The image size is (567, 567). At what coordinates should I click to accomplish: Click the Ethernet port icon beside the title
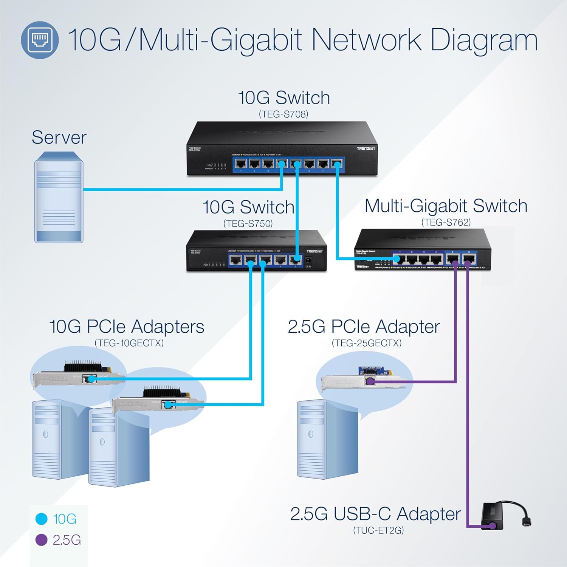tap(40, 40)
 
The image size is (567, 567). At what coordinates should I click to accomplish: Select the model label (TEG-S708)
tap(283, 114)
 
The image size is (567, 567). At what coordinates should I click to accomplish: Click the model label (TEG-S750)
tap(248, 223)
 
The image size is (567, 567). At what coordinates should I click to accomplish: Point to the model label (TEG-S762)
tap(446, 222)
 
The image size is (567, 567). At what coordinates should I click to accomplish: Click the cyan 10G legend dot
tap(41, 519)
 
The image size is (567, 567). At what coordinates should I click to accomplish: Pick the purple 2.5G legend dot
tap(41, 540)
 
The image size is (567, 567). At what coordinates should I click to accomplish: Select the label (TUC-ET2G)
tap(378, 530)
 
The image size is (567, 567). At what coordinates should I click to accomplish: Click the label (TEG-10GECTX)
tap(129, 343)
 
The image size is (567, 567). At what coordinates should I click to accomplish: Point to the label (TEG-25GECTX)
tap(366, 343)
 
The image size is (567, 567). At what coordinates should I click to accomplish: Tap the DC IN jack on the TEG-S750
tap(308, 260)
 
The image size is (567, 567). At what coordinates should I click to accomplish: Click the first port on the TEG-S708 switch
tap(241, 164)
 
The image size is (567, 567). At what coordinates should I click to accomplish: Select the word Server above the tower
tap(59, 137)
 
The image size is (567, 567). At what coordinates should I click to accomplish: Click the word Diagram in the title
tap(484, 41)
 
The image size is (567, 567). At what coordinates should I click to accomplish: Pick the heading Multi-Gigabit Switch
tap(446, 206)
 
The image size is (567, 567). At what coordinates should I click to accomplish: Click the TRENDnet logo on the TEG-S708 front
tap(366, 149)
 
